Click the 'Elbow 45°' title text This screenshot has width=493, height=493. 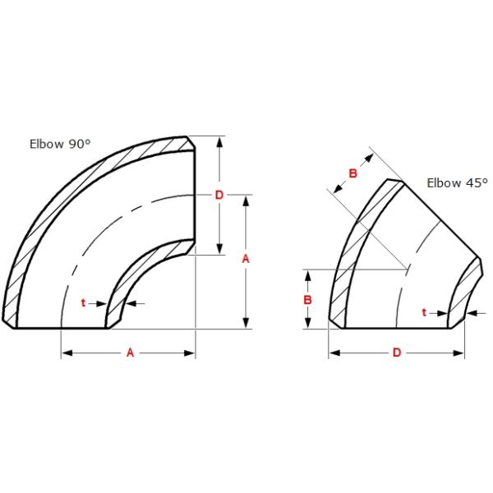[457, 182]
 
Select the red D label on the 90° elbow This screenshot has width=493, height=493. [219, 195]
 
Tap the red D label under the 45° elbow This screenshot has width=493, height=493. [396, 352]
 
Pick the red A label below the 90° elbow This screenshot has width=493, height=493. [129, 352]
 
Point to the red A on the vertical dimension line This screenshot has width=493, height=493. [246, 258]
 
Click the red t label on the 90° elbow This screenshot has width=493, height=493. [83, 303]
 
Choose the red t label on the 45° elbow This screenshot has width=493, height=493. [423, 312]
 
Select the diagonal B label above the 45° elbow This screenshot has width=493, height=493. [352, 173]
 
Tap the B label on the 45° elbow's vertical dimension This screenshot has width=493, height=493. [307, 300]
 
